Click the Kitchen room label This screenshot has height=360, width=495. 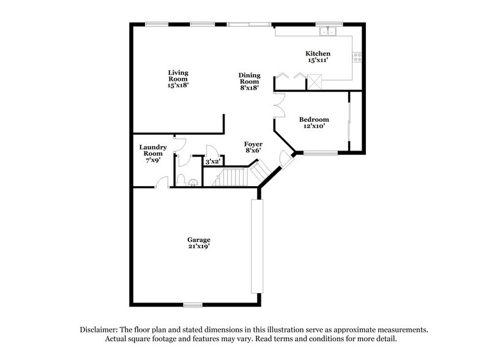click(318, 54)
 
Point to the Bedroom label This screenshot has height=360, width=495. click(314, 119)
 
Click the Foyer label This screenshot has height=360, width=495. click(253, 144)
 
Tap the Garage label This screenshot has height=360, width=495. click(199, 239)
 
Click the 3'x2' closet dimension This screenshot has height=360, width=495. click(212, 162)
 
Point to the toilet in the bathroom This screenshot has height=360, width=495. click(191, 181)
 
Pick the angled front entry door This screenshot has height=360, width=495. click(285, 159)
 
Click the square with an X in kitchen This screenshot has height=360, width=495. click(314, 81)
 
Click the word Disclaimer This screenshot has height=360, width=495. click(100, 330)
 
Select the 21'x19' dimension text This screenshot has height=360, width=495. click(199, 246)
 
